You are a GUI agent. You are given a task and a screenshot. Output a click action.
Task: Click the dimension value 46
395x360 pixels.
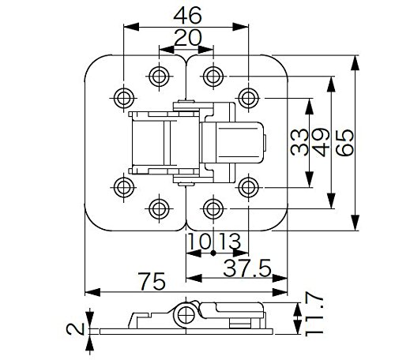coord(187,16)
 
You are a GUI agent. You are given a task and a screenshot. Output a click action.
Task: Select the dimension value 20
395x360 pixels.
coord(188,38)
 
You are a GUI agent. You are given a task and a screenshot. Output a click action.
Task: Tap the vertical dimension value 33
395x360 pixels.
coord(299,142)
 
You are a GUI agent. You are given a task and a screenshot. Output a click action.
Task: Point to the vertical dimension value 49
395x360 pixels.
coord(322,142)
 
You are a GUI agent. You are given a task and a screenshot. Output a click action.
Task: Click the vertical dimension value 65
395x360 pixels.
coord(344,142)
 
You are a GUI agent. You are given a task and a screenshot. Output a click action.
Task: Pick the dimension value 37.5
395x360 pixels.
coord(247,268)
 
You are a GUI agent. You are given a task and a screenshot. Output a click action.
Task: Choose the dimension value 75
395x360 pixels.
coord(152,281)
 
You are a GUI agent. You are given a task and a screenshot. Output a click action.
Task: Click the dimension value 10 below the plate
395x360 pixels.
coord(200,241)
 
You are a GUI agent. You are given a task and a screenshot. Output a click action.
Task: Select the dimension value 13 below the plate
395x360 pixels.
coord(230,241)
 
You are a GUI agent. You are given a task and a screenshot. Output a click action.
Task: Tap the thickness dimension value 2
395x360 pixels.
coord(75,329)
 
